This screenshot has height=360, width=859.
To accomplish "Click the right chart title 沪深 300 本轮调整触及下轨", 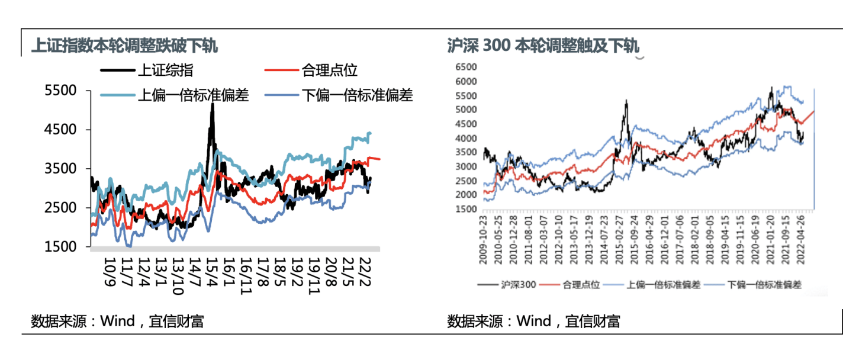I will (x=543, y=46).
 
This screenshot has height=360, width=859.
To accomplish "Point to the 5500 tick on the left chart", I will (x=61, y=91).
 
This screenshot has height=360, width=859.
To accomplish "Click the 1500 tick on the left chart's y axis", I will (x=61, y=246).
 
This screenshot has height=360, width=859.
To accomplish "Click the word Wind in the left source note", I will (x=118, y=322).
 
